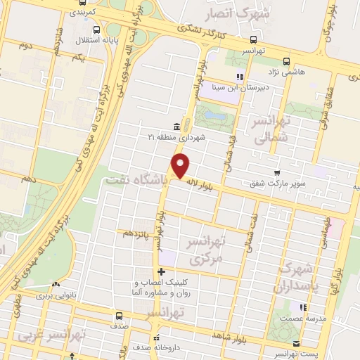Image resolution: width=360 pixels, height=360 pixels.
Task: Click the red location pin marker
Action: click(x=181, y=166)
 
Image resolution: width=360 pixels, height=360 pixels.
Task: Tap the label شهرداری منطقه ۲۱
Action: click(x=176, y=137)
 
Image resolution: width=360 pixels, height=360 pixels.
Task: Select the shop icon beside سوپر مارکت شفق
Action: click(x=278, y=172)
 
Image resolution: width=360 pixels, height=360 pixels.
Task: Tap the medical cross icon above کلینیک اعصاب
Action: click(x=162, y=272)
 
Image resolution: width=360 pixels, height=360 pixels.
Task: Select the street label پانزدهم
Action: click(x=137, y=231)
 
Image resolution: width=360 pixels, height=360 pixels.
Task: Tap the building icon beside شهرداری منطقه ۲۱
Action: click(x=174, y=127)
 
